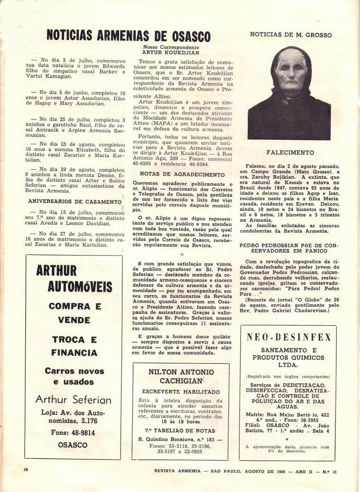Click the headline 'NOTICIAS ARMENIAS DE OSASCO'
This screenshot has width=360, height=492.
128,36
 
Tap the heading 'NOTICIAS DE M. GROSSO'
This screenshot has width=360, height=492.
290,35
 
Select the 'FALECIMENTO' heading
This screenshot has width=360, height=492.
290,153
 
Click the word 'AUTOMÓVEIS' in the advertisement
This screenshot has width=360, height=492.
80,287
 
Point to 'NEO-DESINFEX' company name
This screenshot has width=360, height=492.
289,337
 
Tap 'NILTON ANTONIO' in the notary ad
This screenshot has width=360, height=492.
181,372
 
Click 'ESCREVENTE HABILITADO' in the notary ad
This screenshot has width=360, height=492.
181,392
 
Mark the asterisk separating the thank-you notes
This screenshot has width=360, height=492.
181,254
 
